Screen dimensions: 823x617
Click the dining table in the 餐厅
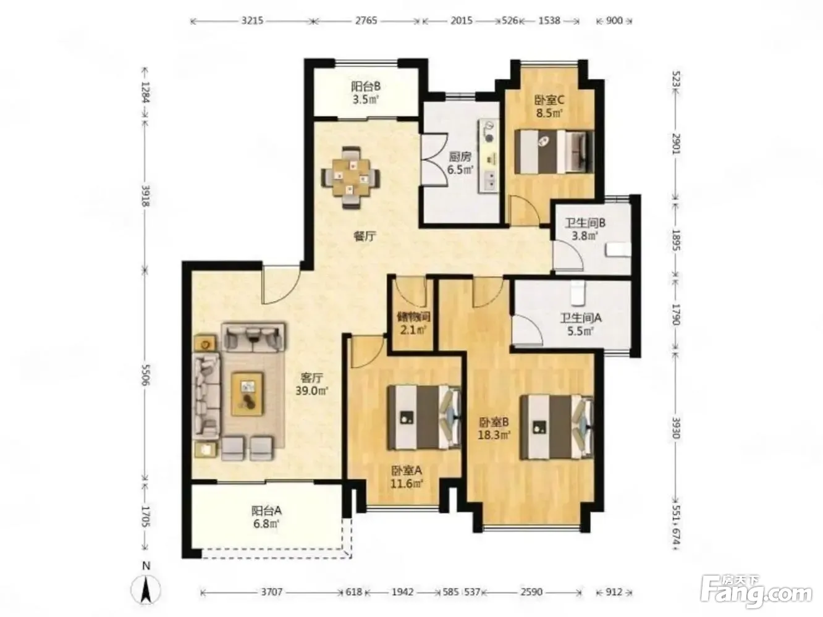(350, 177)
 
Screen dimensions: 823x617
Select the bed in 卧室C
(554, 151)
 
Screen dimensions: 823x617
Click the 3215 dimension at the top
(252, 20)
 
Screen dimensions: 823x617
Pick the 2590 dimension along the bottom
(531, 592)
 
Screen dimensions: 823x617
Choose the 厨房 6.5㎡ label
(460, 163)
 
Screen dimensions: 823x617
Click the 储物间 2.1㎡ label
(413, 323)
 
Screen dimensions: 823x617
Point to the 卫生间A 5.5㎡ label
(580, 325)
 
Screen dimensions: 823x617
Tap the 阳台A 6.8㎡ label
(266, 517)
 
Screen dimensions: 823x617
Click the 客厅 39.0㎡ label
(311, 384)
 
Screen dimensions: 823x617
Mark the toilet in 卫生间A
(578, 293)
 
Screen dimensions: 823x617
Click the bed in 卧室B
(556, 427)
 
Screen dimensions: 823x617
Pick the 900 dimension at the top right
(614, 20)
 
